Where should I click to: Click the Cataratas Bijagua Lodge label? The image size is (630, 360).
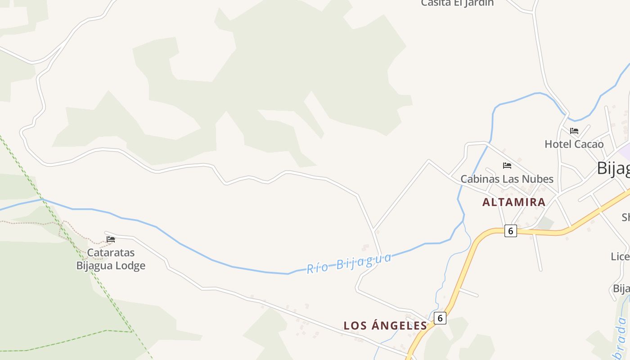pyautogui.click(x=111, y=259)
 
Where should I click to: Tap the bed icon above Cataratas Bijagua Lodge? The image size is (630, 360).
pyautogui.click(x=111, y=239)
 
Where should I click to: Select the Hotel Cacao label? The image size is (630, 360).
pyautogui.click(x=574, y=144)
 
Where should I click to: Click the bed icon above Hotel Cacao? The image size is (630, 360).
pyautogui.click(x=574, y=131)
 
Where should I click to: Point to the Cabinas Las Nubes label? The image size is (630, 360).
pyautogui.click(x=507, y=179)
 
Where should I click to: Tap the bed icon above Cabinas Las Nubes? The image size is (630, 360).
pyautogui.click(x=507, y=165)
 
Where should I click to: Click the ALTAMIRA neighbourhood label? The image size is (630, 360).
pyautogui.click(x=514, y=202)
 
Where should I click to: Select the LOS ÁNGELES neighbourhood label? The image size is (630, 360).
pyautogui.click(x=385, y=325)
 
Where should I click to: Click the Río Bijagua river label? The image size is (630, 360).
pyautogui.click(x=349, y=263)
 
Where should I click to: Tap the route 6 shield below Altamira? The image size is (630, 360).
pyautogui.click(x=510, y=231)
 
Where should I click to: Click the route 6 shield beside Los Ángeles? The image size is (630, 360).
pyautogui.click(x=440, y=318)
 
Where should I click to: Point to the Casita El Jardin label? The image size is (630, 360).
pyautogui.click(x=457, y=3)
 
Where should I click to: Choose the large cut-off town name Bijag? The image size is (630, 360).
pyautogui.click(x=613, y=168)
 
